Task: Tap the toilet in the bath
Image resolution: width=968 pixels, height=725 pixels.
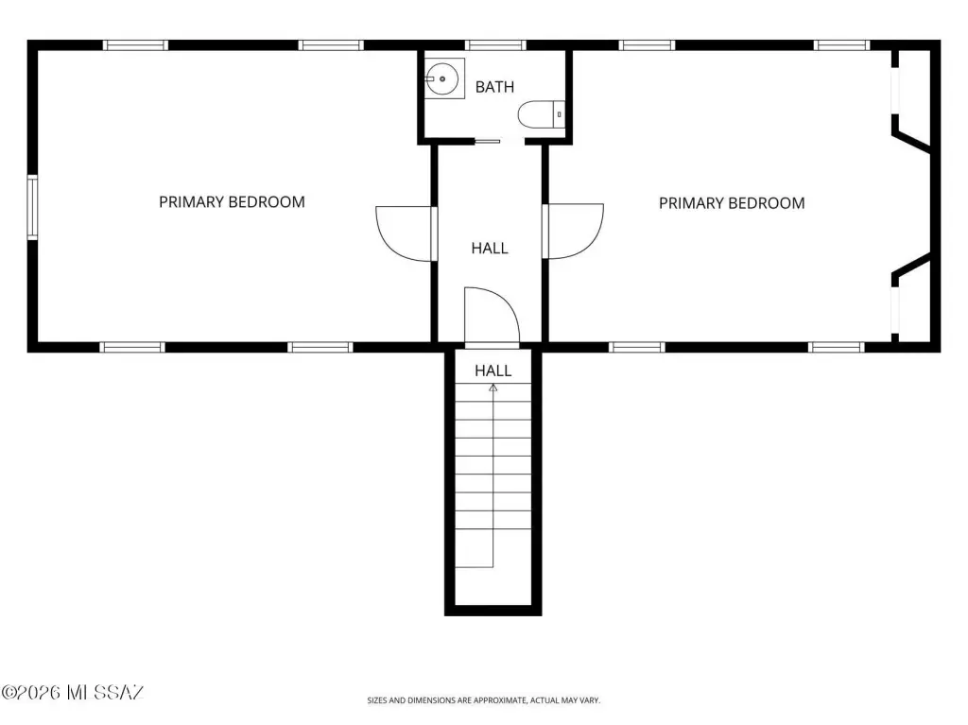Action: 541,114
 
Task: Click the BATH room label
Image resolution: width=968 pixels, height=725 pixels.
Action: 494,87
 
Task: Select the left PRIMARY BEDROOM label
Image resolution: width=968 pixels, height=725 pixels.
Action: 233,202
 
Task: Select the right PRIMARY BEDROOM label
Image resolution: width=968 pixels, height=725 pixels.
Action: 732,203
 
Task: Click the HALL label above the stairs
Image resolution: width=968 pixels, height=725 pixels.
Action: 493,371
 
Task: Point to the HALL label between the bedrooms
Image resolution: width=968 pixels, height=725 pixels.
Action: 490,249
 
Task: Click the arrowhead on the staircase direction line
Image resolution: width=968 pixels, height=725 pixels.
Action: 493,388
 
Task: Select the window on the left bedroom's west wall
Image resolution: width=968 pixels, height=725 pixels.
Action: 32,208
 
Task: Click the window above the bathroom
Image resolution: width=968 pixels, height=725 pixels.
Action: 495,45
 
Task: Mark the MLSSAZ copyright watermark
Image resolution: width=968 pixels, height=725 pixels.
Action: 72,692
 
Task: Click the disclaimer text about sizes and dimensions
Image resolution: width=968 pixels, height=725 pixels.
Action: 483,700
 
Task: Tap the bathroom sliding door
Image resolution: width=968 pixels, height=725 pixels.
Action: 487,142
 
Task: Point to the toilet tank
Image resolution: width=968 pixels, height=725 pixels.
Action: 559,114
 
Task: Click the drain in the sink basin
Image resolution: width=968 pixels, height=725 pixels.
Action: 442,79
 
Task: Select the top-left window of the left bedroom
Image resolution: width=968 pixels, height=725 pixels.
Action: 135,45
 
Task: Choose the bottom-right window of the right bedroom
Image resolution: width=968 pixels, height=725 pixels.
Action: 838,347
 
